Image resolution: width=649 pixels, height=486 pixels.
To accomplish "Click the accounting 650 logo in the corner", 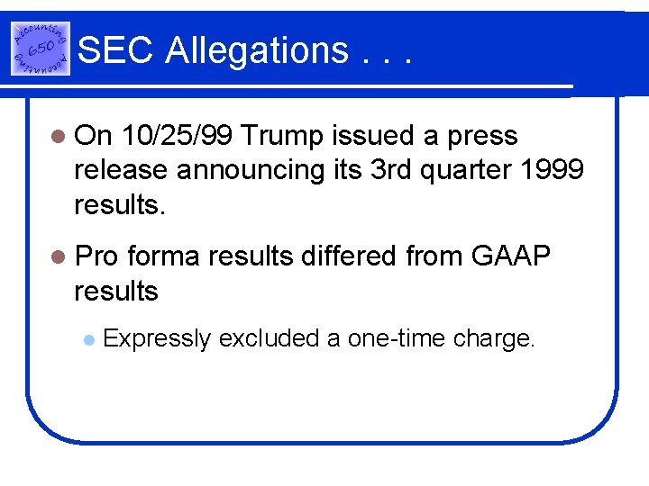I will click(40, 49).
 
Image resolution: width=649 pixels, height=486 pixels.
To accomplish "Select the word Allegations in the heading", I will click(256, 50).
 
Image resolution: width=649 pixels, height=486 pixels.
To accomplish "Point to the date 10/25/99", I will click(176, 136).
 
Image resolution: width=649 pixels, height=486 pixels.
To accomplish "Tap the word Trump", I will click(282, 136).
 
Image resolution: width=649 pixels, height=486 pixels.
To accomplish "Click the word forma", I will click(164, 257).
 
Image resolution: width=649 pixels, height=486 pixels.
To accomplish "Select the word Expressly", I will click(158, 338).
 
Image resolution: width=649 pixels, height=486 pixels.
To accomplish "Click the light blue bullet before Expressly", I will click(87, 340).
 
